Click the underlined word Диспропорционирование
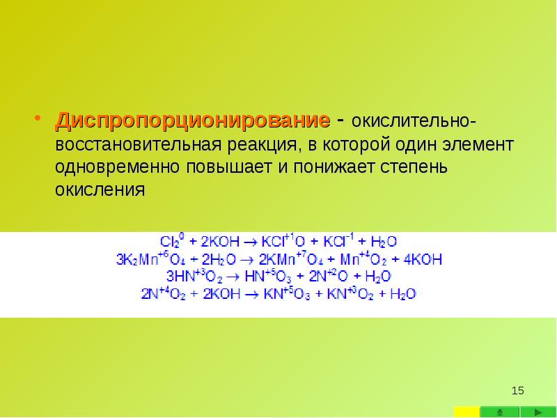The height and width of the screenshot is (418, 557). click(193, 121)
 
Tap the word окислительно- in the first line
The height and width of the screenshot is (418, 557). click(414, 123)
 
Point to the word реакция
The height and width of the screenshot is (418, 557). click(264, 146)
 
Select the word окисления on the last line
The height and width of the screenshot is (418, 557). click(100, 190)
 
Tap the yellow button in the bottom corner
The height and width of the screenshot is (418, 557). click(467, 411)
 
